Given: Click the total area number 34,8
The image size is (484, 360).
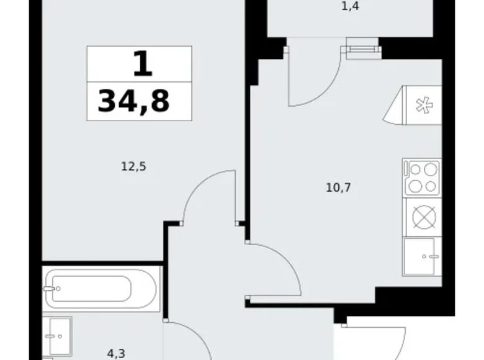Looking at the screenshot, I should coord(133,101).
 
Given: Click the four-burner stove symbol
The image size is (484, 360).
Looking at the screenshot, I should coord(422,178).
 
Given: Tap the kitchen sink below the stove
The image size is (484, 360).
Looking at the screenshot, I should coord(422,256).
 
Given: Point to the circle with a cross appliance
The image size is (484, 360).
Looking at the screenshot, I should coord(422,217).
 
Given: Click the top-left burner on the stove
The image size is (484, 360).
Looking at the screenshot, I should coord(415,169).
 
